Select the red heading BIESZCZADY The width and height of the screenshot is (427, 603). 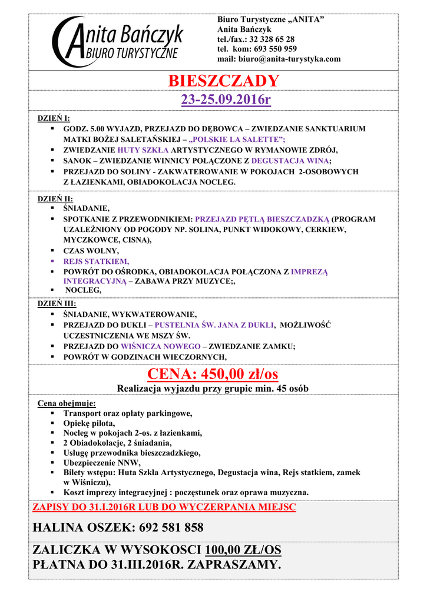click(x=223, y=81)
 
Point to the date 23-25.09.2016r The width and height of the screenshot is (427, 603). click(x=226, y=100)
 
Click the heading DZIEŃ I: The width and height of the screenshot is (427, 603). click(x=54, y=118)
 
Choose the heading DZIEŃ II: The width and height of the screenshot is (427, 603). click(x=55, y=199)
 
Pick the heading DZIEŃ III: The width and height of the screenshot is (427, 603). click(x=57, y=304)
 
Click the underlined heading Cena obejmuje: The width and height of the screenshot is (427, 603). click(x=67, y=403)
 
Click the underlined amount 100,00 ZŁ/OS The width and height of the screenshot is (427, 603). click(x=243, y=551)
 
